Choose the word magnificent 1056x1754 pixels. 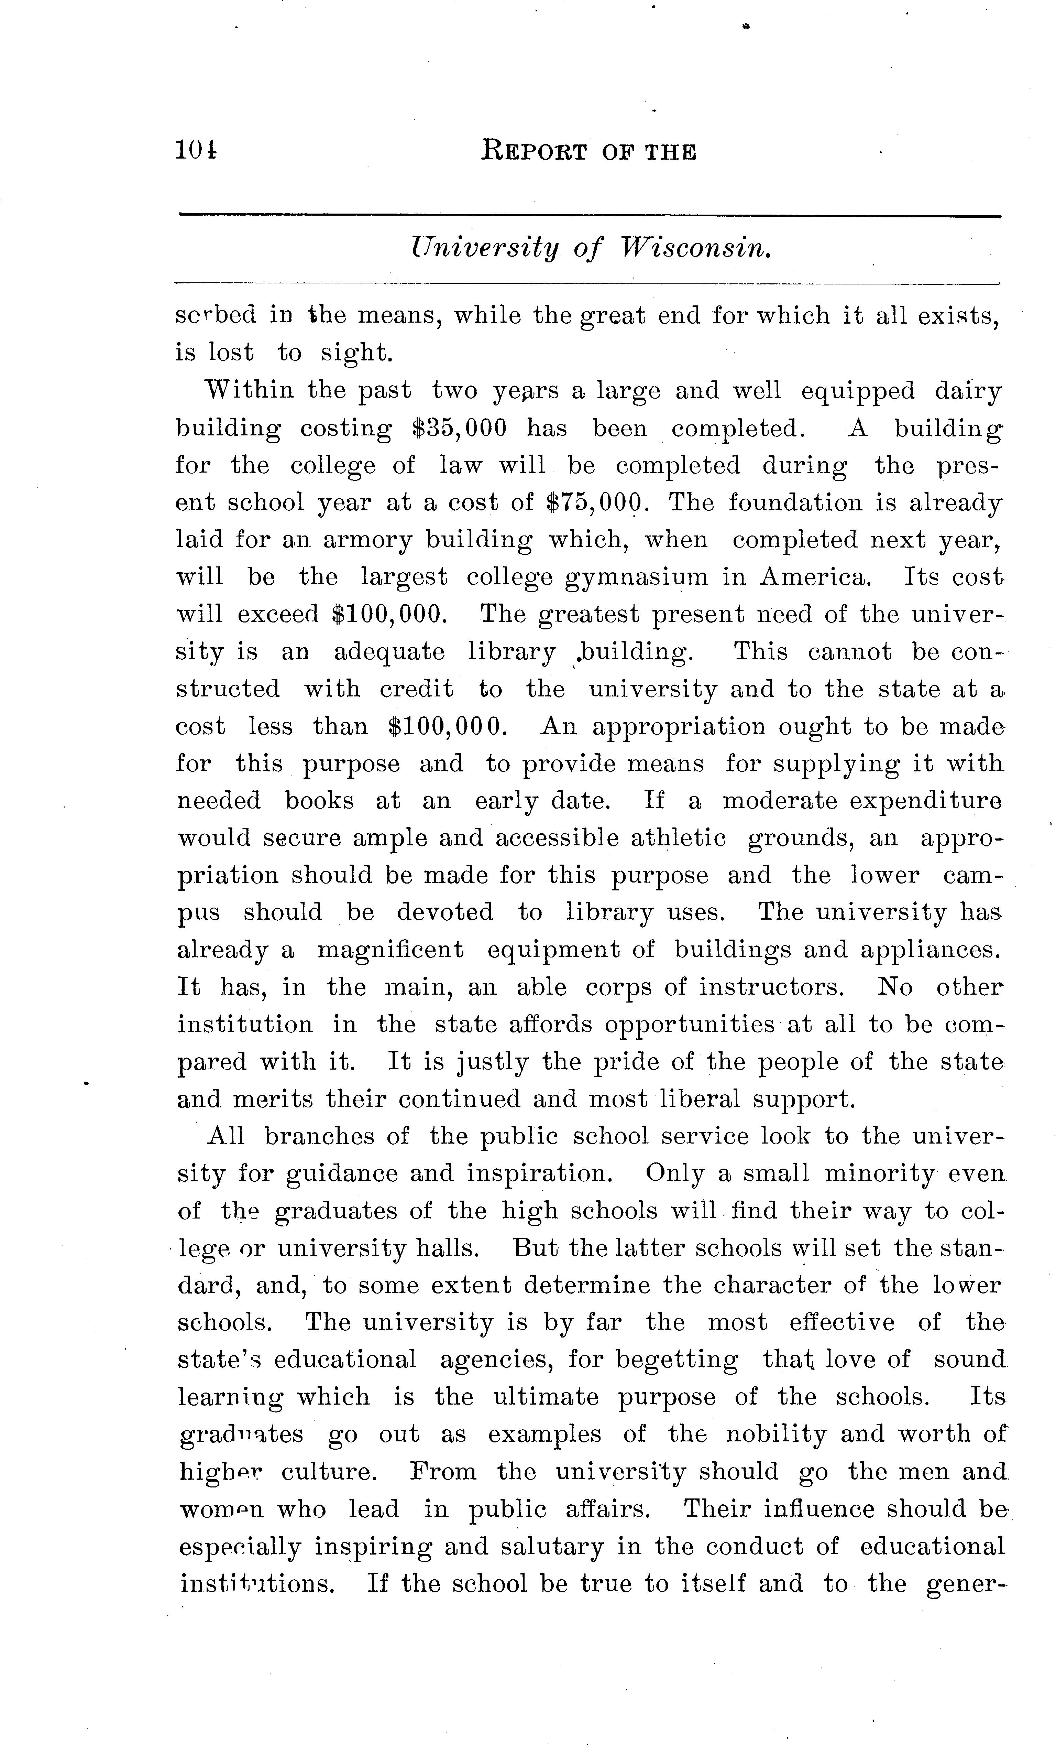[390, 950]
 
